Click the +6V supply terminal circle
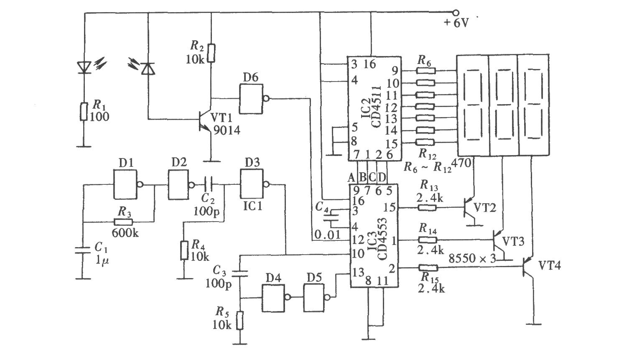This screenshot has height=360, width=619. click(x=456, y=13)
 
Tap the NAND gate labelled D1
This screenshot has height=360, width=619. click(x=127, y=184)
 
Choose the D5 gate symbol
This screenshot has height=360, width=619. click(x=316, y=298)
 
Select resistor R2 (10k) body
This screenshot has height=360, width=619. click(x=211, y=53)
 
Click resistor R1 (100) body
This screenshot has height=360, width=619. click(x=84, y=112)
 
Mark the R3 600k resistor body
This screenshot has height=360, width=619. click(x=123, y=222)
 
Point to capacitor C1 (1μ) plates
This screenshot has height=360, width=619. click(x=83, y=250)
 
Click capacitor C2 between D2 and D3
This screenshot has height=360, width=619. click(x=208, y=185)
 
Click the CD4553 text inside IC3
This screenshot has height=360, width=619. click(x=382, y=239)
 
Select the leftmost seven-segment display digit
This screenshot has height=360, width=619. click(x=474, y=105)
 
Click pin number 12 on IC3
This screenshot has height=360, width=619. click(x=359, y=240)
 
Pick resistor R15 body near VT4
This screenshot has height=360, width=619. click(x=428, y=268)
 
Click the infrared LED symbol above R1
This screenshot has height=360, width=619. click(x=84, y=67)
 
